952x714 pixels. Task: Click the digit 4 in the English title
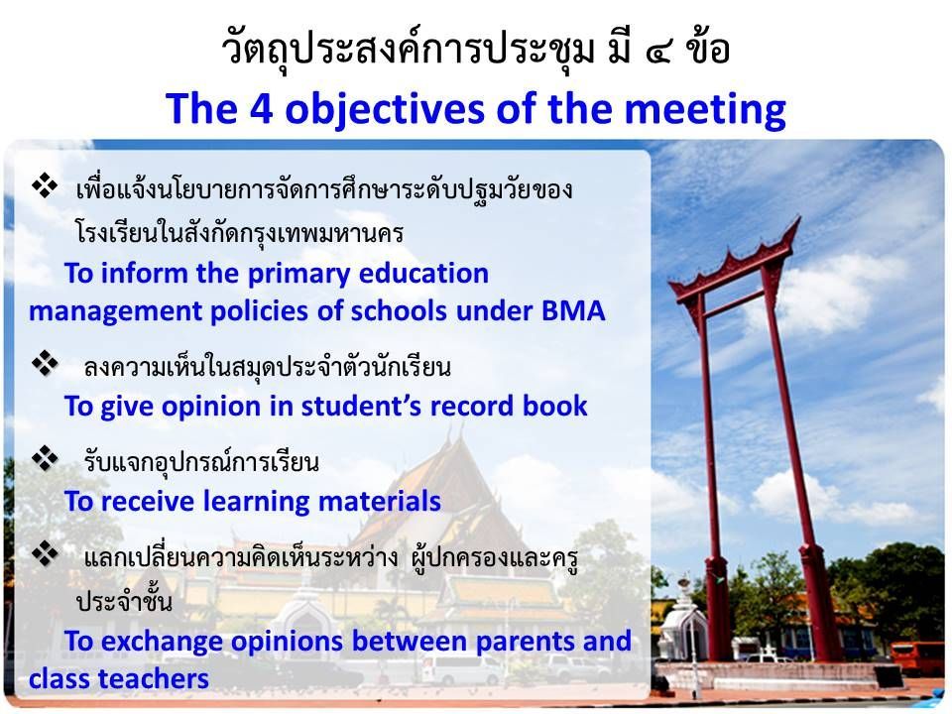point(261,109)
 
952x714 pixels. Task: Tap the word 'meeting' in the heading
point(705,110)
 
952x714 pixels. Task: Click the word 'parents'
point(526,643)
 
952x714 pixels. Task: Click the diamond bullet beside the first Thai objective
point(45,185)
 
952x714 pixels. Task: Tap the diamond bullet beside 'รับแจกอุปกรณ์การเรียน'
point(45,458)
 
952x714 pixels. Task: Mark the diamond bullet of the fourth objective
point(45,553)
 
